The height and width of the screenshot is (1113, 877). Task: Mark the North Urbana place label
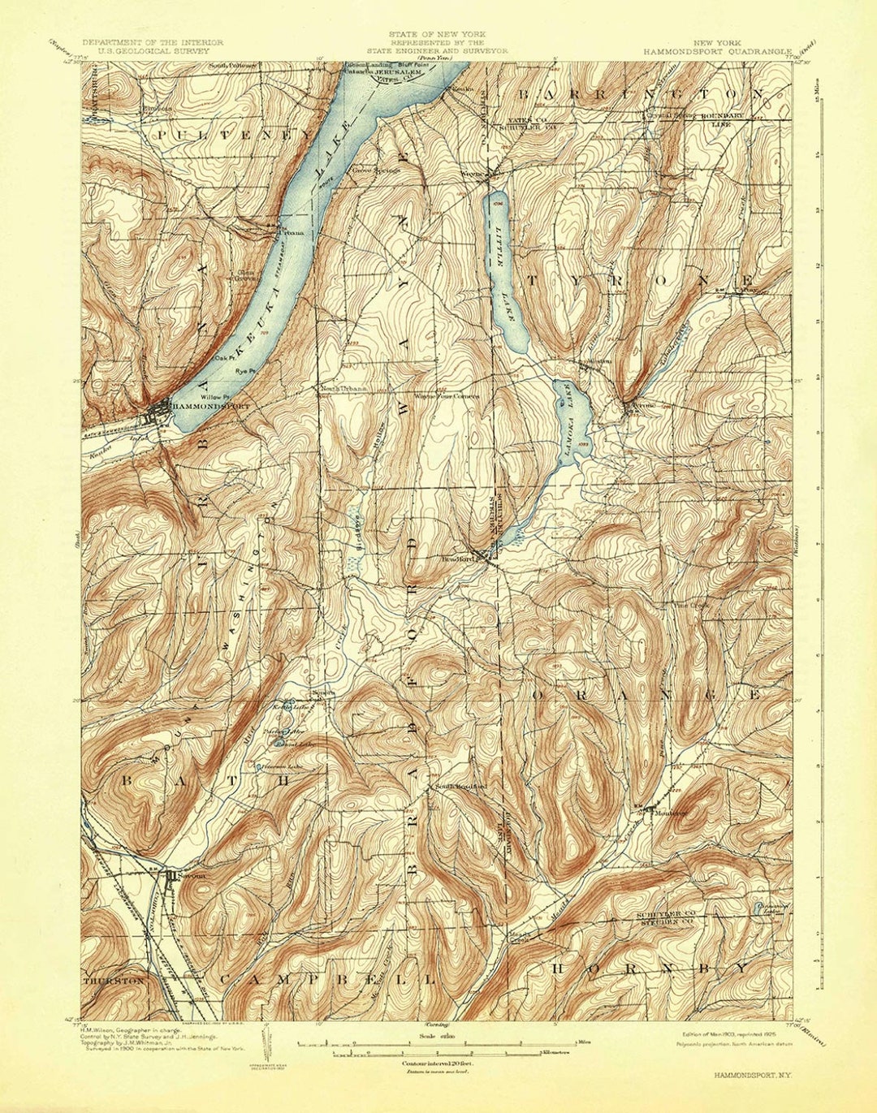coord(343,388)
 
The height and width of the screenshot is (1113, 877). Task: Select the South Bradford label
coord(460,787)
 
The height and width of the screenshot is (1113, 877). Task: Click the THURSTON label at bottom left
coord(114,981)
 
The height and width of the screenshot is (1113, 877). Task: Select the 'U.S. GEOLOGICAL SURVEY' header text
coord(152,50)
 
